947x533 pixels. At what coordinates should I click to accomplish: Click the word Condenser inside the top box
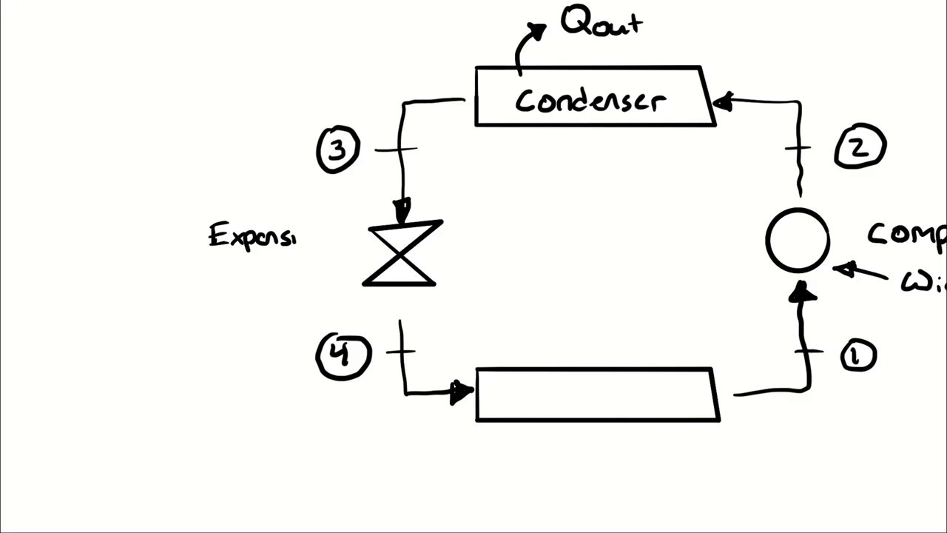[590, 101]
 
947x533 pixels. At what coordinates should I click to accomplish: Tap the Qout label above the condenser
[601, 21]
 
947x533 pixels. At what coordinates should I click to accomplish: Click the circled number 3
[338, 150]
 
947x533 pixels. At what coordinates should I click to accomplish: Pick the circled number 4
[343, 355]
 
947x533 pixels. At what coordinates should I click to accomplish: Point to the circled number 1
[858, 356]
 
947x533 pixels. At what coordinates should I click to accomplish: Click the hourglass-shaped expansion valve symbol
[402, 253]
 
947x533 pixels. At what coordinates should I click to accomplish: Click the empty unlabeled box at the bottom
[596, 395]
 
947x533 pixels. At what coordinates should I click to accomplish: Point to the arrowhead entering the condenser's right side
[722, 101]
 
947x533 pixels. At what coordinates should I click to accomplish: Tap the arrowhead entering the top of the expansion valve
[402, 210]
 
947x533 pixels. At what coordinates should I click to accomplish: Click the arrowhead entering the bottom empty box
[462, 392]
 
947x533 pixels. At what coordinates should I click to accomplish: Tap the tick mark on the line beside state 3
[397, 150]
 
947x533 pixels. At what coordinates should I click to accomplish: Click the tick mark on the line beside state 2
[798, 148]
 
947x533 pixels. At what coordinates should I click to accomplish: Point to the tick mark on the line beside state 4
[400, 351]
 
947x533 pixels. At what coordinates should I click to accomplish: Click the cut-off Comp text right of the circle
[907, 234]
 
